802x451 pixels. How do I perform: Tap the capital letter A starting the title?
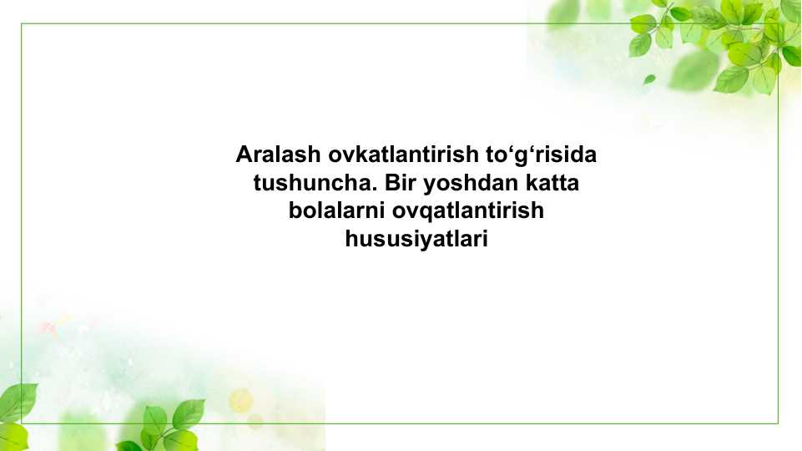[244, 155]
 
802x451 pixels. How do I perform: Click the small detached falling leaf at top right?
[648, 79]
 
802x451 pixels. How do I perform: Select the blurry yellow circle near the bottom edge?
[240, 400]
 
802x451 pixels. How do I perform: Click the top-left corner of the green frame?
[22, 24]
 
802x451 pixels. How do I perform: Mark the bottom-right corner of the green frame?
[778, 423]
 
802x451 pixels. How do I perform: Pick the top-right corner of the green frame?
[778, 24]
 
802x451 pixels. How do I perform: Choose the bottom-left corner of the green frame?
[22, 423]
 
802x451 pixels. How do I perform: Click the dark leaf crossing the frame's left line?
[17, 400]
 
